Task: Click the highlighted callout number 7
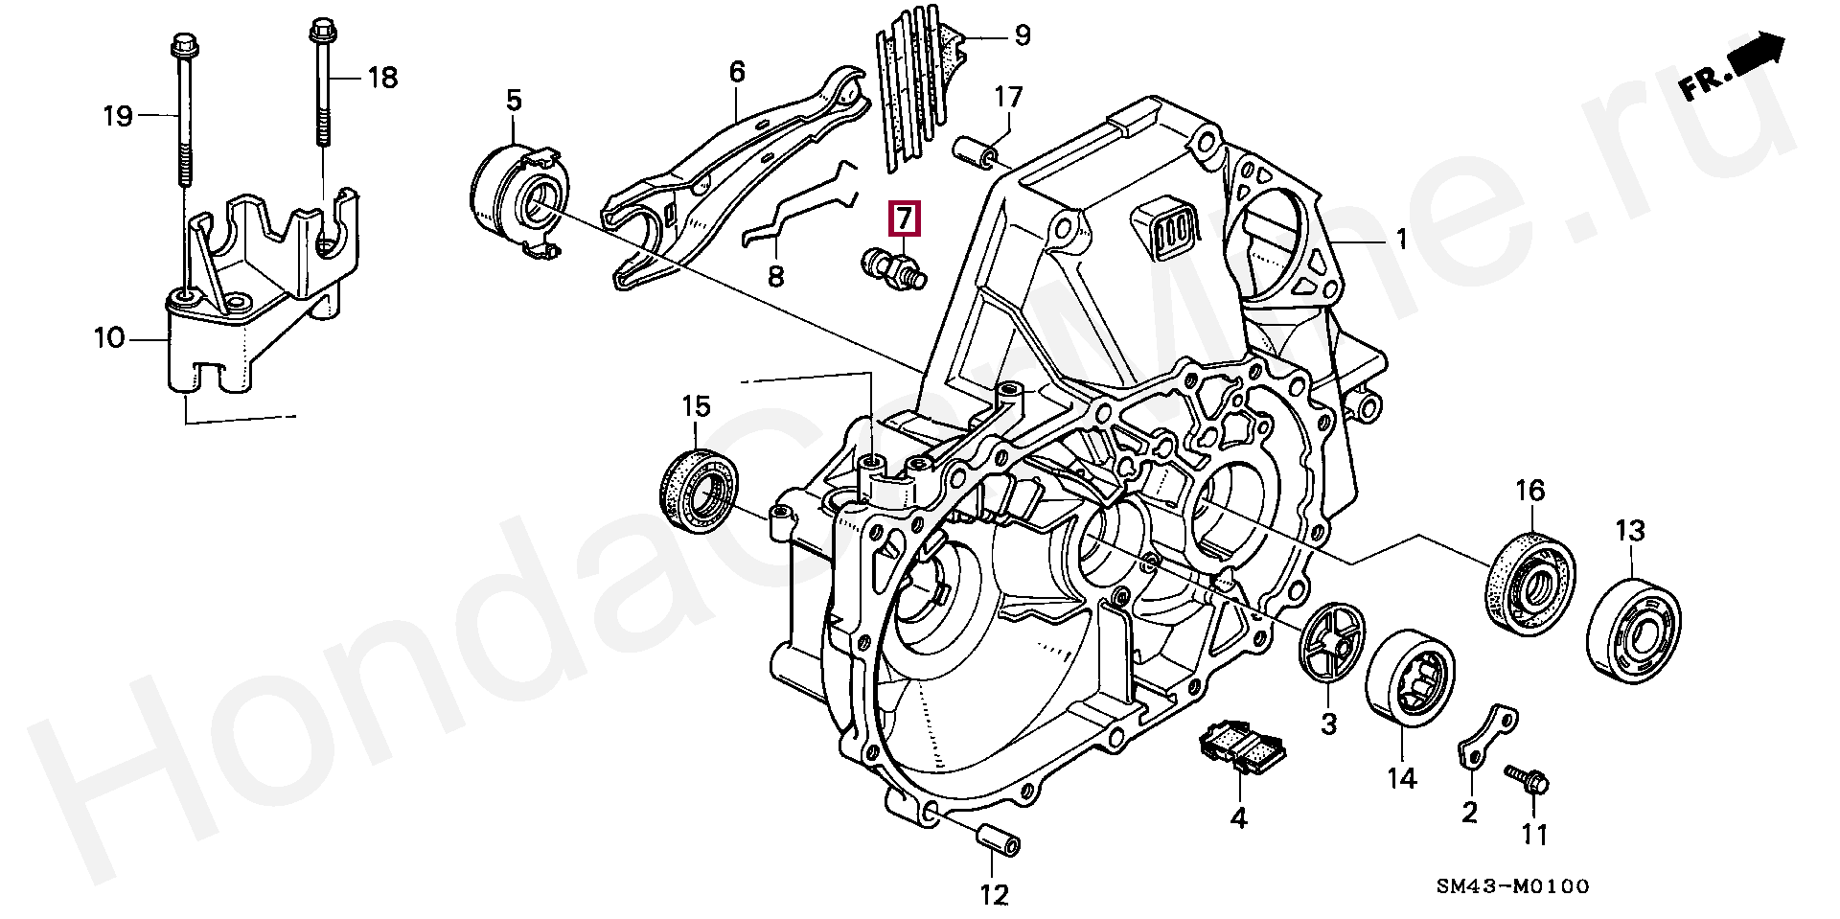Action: click(x=905, y=219)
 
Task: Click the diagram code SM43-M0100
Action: click(x=1512, y=886)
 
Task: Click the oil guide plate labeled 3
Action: click(x=1332, y=643)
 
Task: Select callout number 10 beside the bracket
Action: click(x=109, y=337)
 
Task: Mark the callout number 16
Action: click(x=1529, y=491)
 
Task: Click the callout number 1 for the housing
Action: click(x=1402, y=239)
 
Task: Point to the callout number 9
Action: click(x=1023, y=36)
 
